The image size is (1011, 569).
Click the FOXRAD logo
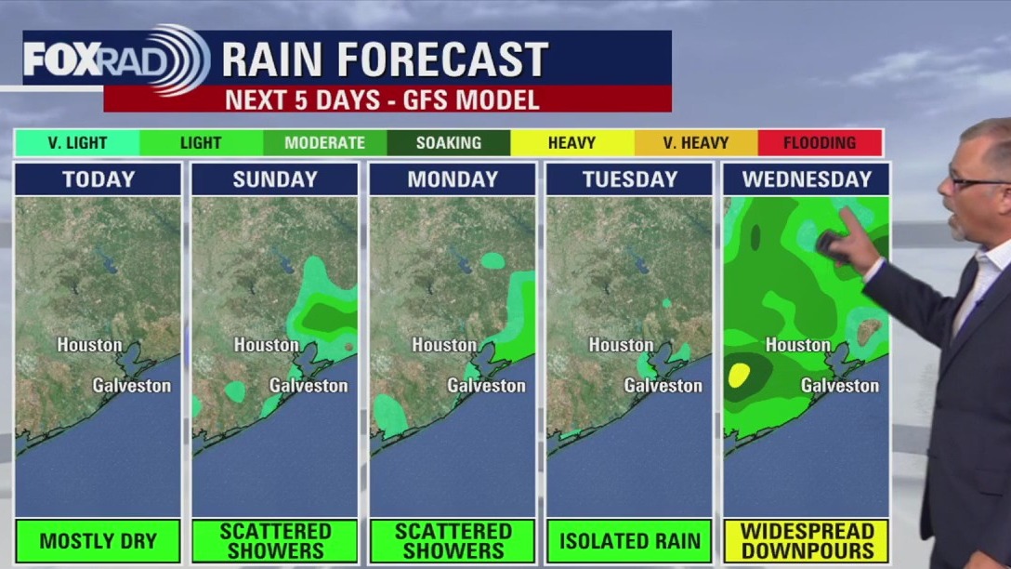[x=116, y=60]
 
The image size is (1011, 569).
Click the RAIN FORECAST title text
[x=385, y=60]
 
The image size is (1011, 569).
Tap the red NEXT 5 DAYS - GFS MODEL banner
[x=387, y=99]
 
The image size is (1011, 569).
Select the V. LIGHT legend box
[x=78, y=142]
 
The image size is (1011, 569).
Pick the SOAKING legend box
[x=449, y=142]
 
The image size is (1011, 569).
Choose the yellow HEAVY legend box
[x=572, y=142]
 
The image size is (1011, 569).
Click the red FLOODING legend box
[x=820, y=142]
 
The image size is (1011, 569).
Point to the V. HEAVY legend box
[x=696, y=142]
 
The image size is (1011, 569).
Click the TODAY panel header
[x=98, y=179]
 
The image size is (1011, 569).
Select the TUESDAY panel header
[x=629, y=179]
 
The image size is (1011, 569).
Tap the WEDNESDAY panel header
[x=807, y=179]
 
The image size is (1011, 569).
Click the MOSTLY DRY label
[x=98, y=541]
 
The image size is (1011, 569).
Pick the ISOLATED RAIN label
[x=629, y=541]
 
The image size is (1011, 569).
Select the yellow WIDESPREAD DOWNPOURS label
[x=807, y=541]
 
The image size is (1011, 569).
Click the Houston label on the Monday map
[x=444, y=345]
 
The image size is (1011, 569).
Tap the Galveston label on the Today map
[x=132, y=385]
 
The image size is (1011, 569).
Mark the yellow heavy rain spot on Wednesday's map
[x=739, y=375]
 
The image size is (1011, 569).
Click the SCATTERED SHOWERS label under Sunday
[x=275, y=541]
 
